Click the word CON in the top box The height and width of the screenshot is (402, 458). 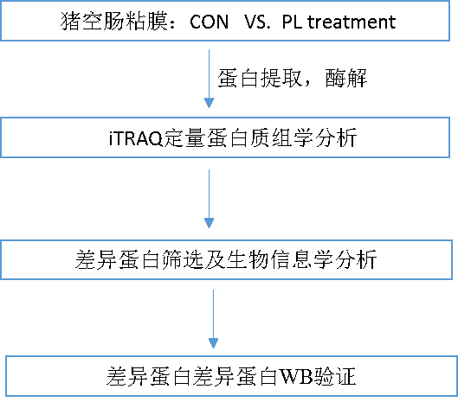click(209, 22)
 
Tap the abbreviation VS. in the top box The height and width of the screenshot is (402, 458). click(256, 22)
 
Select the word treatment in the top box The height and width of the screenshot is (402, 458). click(352, 22)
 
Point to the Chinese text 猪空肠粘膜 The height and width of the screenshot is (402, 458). click(114, 22)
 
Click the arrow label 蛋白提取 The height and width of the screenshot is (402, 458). click(260, 78)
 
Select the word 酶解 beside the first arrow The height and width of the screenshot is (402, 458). click(346, 78)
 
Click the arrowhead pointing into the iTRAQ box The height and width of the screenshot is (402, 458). click(209, 103)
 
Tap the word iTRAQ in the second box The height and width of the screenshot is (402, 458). click(135, 138)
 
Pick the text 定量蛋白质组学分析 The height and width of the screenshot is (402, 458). click(260, 137)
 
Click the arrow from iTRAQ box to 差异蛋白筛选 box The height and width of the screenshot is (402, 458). click(209, 199)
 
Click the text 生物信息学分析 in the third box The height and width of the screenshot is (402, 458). click(301, 259)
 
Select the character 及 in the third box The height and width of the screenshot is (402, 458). click(215, 259)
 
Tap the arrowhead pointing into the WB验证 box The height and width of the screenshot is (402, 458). click(213, 343)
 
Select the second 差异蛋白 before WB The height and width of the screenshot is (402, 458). click(235, 376)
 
